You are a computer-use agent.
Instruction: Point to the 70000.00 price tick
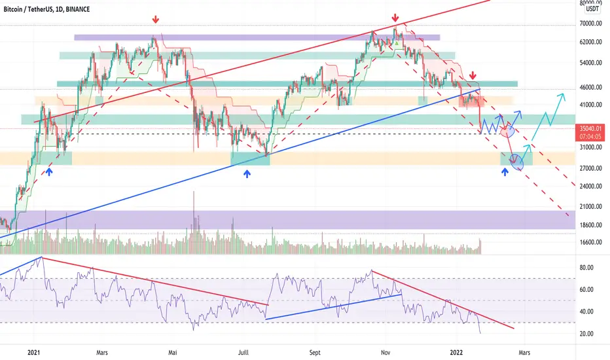pos(594,24)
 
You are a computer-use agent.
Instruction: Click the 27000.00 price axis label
pos(594,168)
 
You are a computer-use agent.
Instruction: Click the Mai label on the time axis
pos(173,352)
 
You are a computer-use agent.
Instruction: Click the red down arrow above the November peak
pos(395,18)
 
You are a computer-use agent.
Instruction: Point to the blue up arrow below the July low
pos(247,174)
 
